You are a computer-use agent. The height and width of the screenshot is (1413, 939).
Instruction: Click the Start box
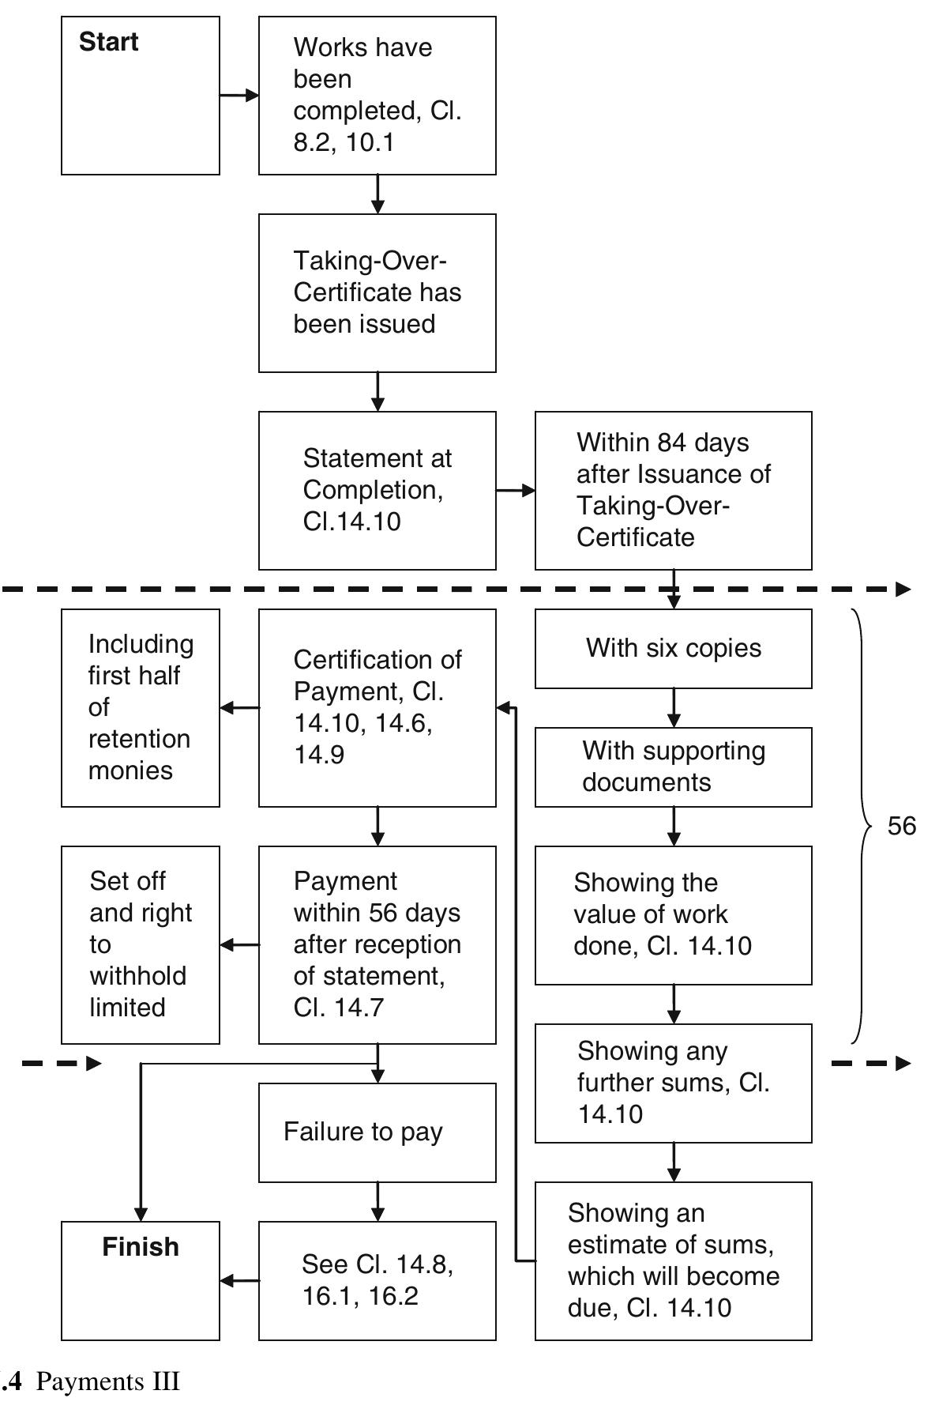click(x=141, y=96)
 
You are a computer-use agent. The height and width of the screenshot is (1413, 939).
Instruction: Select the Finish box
click(x=141, y=1280)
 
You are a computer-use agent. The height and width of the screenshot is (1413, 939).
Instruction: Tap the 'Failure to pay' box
click(x=377, y=1132)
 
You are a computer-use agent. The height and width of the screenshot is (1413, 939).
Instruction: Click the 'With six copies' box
click(x=673, y=648)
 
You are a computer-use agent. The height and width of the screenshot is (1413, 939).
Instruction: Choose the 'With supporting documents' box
click(x=673, y=767)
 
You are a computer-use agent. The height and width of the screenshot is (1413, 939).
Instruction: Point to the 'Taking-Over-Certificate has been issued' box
click(x=377, y=292)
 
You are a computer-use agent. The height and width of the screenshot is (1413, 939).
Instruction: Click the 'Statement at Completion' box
click(x=377, y=490)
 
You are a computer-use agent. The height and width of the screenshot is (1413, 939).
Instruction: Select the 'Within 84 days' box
click(x=673, y=490)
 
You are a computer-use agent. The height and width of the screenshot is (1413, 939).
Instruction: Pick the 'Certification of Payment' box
click(x=377, y=707)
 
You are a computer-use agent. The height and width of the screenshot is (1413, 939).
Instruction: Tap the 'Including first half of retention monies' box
click(x=141, y=707)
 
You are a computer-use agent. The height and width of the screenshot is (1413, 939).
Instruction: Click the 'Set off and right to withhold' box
click(x=141, y=944)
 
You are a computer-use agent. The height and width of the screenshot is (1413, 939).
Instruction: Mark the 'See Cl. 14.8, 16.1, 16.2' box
click(x=377, y=1280)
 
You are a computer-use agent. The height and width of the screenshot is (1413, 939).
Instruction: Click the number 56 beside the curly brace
click(x=901, y=826)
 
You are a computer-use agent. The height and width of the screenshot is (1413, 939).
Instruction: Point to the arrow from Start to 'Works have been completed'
click(x=239, y=96)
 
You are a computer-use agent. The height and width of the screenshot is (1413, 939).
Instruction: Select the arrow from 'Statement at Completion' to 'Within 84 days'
click(x=516, y=491)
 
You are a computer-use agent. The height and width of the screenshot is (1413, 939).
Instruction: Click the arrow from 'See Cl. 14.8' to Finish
click(x=239, y=1280)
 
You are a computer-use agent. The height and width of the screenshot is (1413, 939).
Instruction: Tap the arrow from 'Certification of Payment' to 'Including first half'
click(x=239, y=708)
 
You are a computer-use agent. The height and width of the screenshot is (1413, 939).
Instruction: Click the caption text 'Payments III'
click(x=108, y=1381)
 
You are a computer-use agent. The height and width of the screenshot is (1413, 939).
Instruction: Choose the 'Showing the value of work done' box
click(x=673, y=915)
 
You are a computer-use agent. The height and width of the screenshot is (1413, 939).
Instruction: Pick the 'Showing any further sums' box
click(x=673, y=1083)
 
